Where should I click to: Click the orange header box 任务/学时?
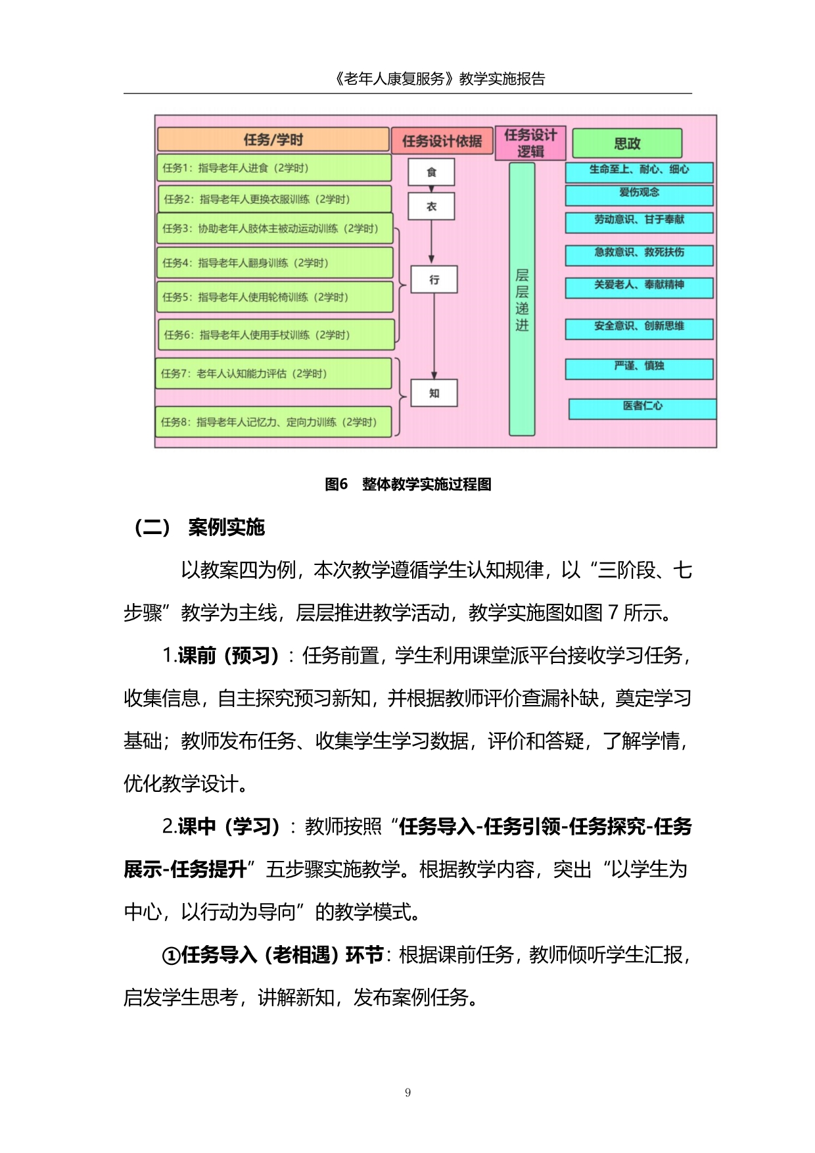pyautogui.click(x=273, y=139)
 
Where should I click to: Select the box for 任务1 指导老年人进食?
pyautogui.click(x=273, y=168)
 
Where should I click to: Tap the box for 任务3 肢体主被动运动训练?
pyautogui.click(x=275, y=229)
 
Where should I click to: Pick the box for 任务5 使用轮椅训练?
pyautogui.click(x=275, y=297)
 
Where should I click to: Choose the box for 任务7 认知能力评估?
pyautogui.click(x=273, y=374)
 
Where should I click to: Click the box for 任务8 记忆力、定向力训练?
pyautogui.click(x=273, y=422)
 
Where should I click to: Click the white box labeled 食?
pyautogui.click(x=431, y=172)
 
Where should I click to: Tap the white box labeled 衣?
pyautogui.click(x=431, y=207)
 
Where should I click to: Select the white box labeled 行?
pyautogui.click(x=434, y=280)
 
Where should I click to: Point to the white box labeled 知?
pyautogui.click(x=434, y=393)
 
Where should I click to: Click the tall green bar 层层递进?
pyautogui.click(x=522, y=299)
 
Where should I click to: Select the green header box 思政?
pyautogui.click(x=626, y=143)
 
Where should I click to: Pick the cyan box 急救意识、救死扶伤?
pyautogui.click(x=639, y=253)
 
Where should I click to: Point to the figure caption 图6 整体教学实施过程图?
pyautogui.click(x=408, y=484)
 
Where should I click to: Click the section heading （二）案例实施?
pyautogui.click(x=199, y=527)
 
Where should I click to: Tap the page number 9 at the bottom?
pyautogui.click(x=408, y=1092)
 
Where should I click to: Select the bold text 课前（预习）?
pyautogui.click(x=227, y=656)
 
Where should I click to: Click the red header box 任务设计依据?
pyautogui.click(x=442, y=141)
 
